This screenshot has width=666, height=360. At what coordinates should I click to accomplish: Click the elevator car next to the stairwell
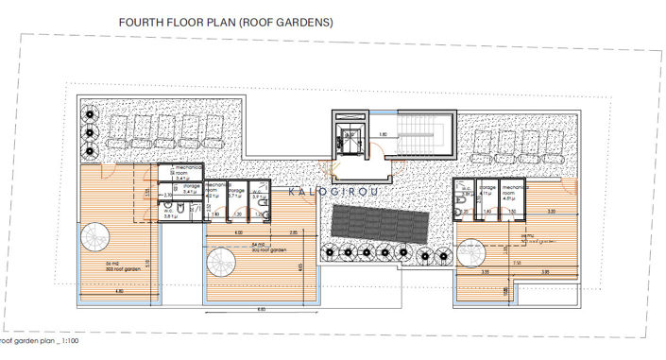pos(348,136)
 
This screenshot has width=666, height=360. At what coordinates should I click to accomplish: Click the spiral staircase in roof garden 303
pos(95,235)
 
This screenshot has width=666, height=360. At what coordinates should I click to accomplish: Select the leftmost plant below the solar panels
pos(329,251)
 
